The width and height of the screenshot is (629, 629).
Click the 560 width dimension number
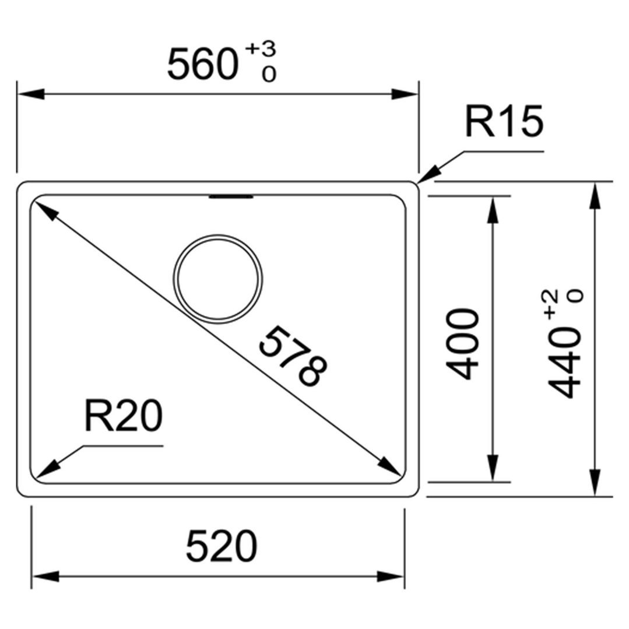(x=203, y=64)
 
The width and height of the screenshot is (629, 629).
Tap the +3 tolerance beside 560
(x=261, y=49)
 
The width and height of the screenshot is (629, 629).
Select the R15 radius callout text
(x=504, y=121)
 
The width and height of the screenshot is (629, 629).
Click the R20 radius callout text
(x=123, y=416)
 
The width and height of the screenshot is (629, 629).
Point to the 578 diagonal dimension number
(x=293, y=356)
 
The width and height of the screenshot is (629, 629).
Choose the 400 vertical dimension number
(x=462, y=344)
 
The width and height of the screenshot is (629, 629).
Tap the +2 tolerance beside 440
(x=551, y=305)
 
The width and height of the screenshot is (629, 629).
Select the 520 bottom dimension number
(x=221, y=546)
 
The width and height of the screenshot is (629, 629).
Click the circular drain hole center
(x=218, y=279)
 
